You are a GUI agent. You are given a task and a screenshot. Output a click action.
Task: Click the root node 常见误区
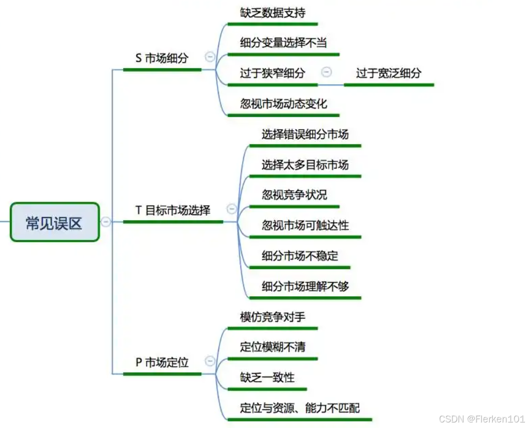[54, 222]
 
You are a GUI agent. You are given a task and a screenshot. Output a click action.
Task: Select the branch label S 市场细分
[162, 58]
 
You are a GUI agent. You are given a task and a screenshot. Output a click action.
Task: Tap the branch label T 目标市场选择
[173, 210]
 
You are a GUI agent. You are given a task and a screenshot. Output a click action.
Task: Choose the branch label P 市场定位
[162, 362]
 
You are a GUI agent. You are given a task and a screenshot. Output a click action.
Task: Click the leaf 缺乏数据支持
[272, 12]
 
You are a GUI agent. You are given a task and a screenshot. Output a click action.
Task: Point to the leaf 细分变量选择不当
[283, 43]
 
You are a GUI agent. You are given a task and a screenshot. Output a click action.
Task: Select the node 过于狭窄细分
[272, 73]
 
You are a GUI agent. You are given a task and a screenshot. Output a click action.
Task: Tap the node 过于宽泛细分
[389, 73]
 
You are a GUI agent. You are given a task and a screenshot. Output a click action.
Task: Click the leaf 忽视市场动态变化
[283, 104]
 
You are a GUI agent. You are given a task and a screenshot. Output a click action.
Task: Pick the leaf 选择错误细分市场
[305, 134]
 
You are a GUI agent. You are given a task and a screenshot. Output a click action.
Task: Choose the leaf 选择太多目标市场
[305, 164]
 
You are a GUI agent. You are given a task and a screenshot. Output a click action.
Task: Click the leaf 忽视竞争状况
[294, 195]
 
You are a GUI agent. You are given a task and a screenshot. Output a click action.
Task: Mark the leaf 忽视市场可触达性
[305, 225]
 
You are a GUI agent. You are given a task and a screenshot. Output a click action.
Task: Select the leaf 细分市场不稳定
[299, 256]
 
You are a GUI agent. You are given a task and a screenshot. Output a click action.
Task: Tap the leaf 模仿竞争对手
[272, 317]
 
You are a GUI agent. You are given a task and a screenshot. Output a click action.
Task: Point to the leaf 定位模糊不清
[272, 347]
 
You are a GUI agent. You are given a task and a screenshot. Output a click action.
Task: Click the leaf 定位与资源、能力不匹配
[299, 408]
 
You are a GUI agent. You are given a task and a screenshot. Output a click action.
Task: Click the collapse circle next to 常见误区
[106, 222]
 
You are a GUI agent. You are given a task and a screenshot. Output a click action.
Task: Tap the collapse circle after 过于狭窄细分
[327, 72]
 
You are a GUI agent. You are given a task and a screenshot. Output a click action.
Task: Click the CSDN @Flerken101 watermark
[482, 419]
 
